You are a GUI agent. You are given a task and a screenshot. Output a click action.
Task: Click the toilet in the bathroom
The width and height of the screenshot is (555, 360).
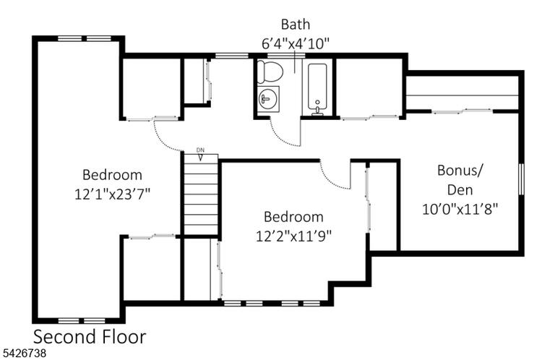(270, 71)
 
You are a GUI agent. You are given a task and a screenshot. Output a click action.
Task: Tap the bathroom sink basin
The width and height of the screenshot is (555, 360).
(268, 99)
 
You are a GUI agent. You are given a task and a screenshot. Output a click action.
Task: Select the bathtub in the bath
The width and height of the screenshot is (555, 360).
(317, 86)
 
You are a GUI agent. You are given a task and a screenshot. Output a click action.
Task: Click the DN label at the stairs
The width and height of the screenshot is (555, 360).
(200, 150)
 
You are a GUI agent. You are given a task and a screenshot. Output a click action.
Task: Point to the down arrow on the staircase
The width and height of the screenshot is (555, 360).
(200, 157)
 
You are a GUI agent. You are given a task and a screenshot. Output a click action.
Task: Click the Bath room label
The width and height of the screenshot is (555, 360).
(296, 25)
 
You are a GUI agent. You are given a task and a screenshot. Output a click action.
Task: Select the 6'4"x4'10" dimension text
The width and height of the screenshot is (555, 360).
(296, 44)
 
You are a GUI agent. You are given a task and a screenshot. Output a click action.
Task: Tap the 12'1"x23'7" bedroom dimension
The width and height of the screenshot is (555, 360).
(112, 194)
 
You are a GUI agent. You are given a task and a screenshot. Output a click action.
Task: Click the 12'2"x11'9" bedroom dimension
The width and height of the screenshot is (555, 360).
(294, 236)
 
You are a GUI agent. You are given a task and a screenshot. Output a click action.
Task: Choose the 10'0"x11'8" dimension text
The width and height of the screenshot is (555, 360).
(460, 209)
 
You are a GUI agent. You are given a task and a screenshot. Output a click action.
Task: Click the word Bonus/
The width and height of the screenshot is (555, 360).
(460, 171)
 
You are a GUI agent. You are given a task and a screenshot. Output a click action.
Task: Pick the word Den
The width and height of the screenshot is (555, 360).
(460, 190)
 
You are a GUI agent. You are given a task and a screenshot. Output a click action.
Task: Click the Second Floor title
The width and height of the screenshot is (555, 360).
(90, 337)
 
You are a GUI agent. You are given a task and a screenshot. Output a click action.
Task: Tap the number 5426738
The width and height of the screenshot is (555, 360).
(25, 353)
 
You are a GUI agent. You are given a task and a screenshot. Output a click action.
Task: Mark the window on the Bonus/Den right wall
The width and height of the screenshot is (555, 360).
(521, 179)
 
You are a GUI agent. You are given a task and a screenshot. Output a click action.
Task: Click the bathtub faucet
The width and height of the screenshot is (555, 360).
(317, 110)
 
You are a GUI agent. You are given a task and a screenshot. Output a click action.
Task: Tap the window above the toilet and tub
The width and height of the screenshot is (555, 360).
(285, 56)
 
